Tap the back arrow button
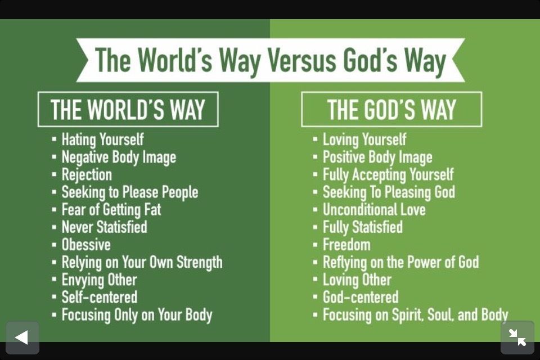[22, 337]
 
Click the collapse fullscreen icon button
[517, 337]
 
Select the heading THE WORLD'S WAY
[128, 110]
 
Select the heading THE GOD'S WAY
[391, 110]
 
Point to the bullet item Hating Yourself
[102, 140]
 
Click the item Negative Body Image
[119, 157]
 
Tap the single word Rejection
[87, 175]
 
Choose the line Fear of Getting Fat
[111, 210]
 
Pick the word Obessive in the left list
[86, 245]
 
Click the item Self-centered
[99, 298]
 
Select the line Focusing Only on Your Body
[137, 315]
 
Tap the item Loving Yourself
[364, 140]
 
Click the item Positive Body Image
[377, 157]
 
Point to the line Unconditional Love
[374, 209]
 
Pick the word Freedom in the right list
[346, 245]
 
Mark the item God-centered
[361, 298]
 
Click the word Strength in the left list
[199, 263]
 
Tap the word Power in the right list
[420, 262]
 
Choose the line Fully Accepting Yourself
[388, 175]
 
